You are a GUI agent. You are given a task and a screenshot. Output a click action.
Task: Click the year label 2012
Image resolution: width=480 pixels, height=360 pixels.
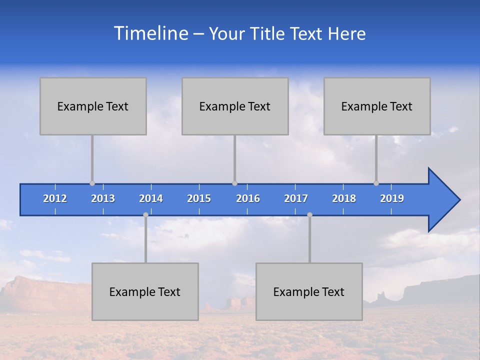click(x=55, y=198)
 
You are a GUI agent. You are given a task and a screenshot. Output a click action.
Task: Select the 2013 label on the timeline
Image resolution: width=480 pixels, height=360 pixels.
click(x=103, y=198)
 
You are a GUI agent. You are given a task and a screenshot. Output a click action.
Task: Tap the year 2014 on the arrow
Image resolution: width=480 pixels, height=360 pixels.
click(x=151, y=198)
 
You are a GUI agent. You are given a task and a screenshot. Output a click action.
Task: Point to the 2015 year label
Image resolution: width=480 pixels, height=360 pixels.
click(x=199, y=198)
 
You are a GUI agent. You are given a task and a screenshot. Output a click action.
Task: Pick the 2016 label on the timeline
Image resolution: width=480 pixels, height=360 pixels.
click(x=248, y=198)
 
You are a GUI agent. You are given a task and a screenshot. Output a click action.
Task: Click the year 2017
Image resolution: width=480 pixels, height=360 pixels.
click(x=296, y=198)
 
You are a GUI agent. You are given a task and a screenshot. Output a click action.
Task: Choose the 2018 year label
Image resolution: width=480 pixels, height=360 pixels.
click(x=344, y=198)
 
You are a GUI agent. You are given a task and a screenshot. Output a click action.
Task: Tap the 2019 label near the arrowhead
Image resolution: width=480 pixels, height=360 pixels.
click(x=392, y=198)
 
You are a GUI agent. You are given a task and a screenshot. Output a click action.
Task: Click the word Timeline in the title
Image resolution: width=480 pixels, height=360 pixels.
click(x=150, y=33)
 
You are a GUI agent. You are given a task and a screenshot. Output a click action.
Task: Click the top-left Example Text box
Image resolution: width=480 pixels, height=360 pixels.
click(x=93, y=106)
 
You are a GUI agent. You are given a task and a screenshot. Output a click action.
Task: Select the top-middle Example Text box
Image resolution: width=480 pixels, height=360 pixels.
click(x=235, y=106)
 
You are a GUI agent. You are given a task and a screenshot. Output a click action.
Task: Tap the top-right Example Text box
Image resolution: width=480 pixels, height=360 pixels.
click(x=377, y=106)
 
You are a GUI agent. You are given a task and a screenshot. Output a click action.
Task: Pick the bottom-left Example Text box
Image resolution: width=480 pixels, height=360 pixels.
click(x=145, y=291)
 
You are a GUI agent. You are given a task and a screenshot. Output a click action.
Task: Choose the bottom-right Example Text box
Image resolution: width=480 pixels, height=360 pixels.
click(x=309, y=291)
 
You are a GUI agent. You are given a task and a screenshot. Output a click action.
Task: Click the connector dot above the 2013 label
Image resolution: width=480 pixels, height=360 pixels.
click(x=92, y=183)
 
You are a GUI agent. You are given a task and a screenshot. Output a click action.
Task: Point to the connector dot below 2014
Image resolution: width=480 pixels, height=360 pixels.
click(x=145, y=214)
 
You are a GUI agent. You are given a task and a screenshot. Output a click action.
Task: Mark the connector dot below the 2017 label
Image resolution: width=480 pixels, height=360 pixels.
click(x=309, y=214)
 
